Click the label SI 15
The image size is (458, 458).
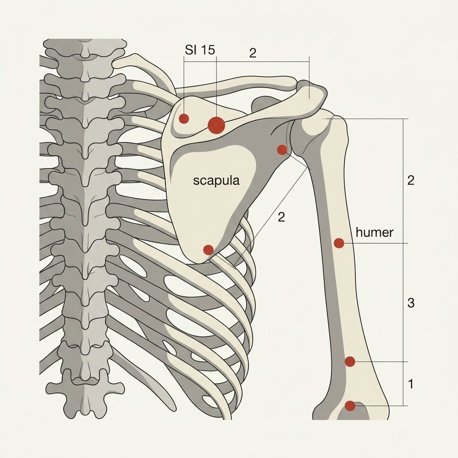pos(200,50)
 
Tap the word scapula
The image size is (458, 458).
pos(216,181)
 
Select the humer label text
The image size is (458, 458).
pos(374,233)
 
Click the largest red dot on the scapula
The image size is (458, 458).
pos(216,125)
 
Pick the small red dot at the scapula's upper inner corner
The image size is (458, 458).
pos(184,119)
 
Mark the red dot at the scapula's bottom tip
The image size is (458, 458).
pos(208,250)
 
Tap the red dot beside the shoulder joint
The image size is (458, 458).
pos(282,150)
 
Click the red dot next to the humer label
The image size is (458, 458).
pos(339,243)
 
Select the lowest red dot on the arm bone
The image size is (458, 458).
pos(350,406)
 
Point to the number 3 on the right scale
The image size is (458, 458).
pos(411,303)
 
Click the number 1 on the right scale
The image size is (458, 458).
pos(411,384)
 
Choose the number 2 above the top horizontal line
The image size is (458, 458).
pos(253,53)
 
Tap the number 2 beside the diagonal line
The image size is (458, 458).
pos(281,217)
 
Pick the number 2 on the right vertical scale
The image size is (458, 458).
pos(411,181)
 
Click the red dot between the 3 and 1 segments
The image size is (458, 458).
pos(350,361)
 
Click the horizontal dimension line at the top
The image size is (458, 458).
pos(246,61)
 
